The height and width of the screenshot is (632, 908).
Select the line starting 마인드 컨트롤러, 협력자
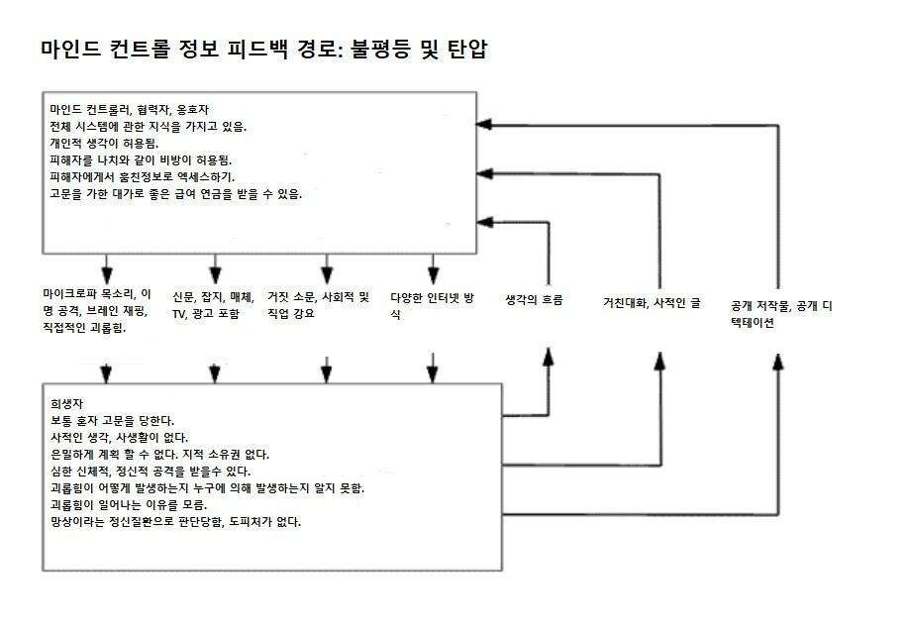129,109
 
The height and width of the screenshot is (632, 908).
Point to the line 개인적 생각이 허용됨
103,143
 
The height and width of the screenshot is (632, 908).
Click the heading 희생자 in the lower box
66,404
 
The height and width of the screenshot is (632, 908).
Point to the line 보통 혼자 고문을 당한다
113,420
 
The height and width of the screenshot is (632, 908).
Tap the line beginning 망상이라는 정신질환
175,521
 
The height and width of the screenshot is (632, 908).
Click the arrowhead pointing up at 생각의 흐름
548,355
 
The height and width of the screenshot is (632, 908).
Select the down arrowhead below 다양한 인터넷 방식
432,373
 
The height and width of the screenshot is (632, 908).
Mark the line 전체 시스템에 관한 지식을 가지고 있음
149,126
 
